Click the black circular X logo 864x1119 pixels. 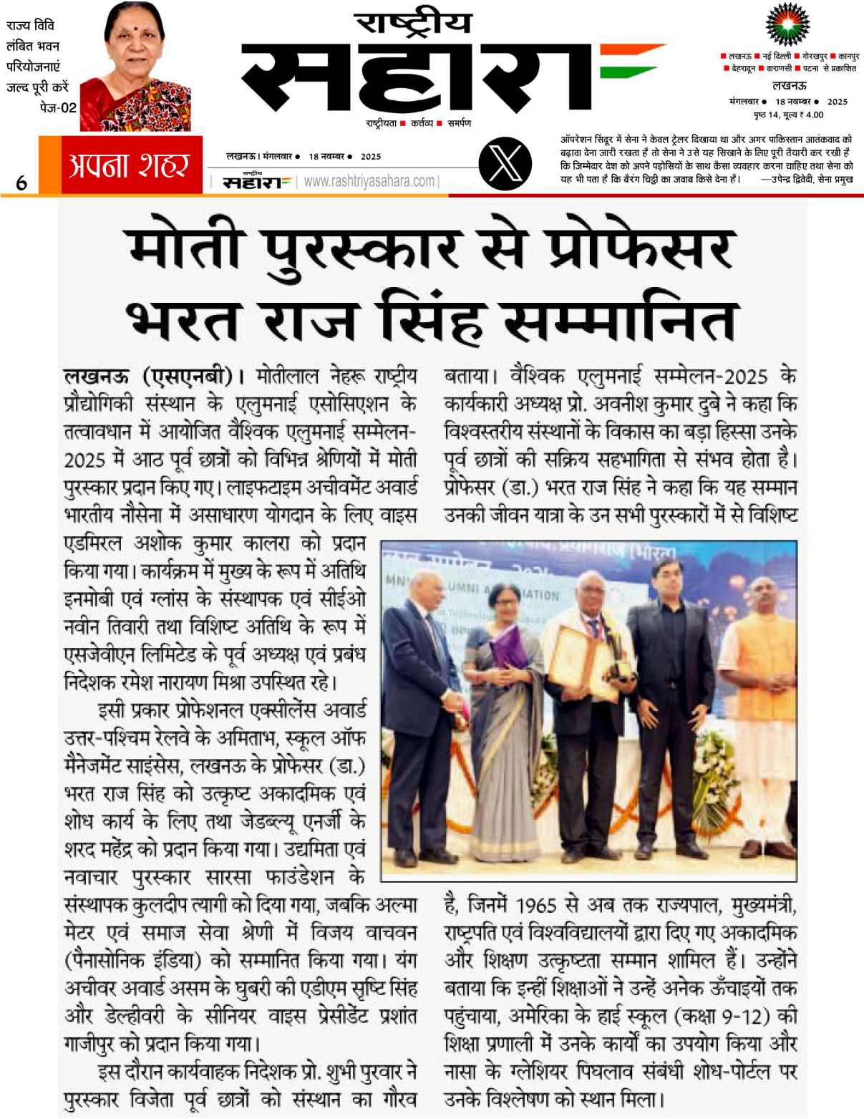click(x=505, y=165)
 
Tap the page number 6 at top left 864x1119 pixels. click(x=21, y=183)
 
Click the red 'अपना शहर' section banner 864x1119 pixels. click(x=130, y=165)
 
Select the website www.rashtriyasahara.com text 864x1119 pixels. click(x=369, y=182)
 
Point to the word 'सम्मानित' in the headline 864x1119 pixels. click(x=620, y=320)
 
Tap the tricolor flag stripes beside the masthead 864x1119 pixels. click(x=631, y=62)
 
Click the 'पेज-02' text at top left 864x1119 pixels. click(x=58, y=108)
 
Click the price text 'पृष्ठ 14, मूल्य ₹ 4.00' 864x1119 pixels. click(x=787, y=115)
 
